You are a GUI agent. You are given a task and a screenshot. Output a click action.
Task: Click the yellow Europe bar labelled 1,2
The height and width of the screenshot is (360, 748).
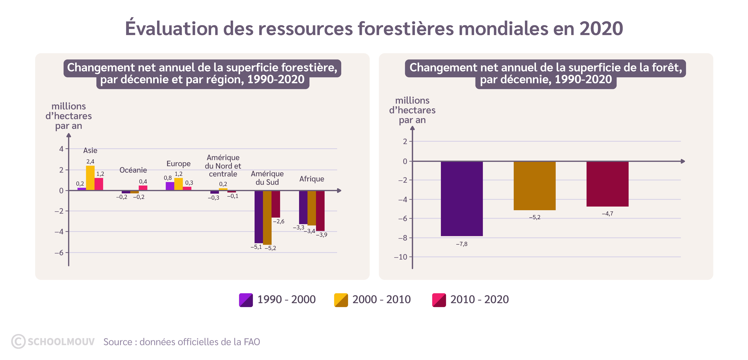[x=178, y=184]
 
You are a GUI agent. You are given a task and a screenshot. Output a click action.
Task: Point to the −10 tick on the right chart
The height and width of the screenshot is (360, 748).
[x=401, y=257]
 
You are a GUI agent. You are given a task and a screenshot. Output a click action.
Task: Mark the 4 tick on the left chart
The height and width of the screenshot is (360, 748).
[x=61, y=149]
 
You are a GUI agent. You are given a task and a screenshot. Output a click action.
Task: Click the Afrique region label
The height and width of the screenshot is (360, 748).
[x=312, y=179]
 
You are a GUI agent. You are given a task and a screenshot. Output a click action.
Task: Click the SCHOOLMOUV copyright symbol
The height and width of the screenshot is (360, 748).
[x=18, y=341]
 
